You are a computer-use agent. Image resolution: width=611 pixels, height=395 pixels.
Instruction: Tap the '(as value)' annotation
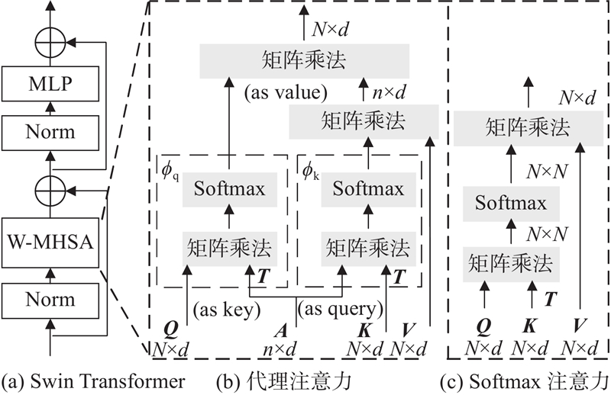[x=286, y=94]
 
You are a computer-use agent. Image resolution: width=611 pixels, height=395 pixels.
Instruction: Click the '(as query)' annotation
[x=339, y=310]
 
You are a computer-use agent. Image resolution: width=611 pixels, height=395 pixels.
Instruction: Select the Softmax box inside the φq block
[x=230, y=188]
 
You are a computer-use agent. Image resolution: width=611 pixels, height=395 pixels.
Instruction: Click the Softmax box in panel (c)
[x=511, y=203]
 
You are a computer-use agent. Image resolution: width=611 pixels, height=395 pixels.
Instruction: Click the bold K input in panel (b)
[x=364, y=332]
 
